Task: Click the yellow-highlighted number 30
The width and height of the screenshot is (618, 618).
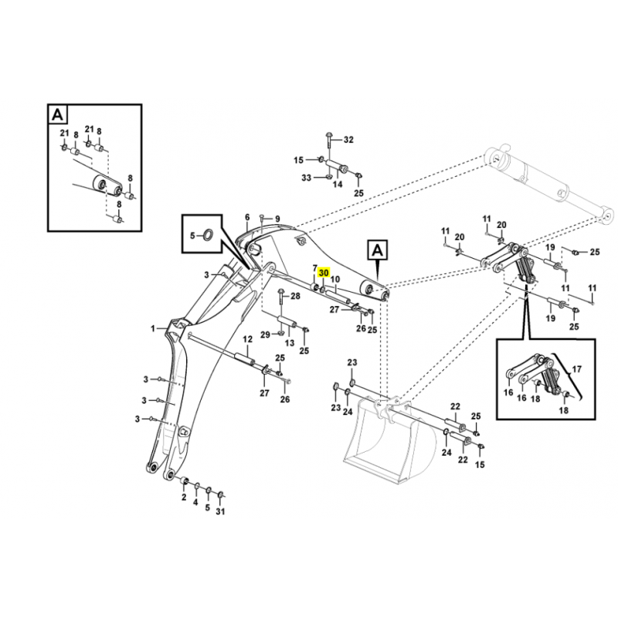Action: [324, 273]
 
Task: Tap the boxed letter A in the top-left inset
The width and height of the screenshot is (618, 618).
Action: [58, 115]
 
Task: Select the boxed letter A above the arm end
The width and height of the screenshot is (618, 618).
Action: [377, 250]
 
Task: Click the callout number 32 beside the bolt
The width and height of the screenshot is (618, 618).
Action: [348, 140]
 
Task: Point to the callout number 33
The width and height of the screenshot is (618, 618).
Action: [306, 178]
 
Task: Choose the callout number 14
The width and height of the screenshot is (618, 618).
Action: [337, 185]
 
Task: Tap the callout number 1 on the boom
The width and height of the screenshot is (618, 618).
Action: [153, 328]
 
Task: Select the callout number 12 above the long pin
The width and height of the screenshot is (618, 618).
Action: [248, 339]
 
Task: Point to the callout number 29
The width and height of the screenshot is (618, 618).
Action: [264, 334]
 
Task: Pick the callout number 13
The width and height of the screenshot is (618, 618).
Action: [290, 342]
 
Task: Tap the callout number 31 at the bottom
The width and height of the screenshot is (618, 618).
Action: [221, 511]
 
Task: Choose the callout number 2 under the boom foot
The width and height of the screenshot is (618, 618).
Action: [184, 498]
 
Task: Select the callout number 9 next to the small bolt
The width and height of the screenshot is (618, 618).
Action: [277, 219]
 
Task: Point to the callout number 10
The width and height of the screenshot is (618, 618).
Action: [335, 279]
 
